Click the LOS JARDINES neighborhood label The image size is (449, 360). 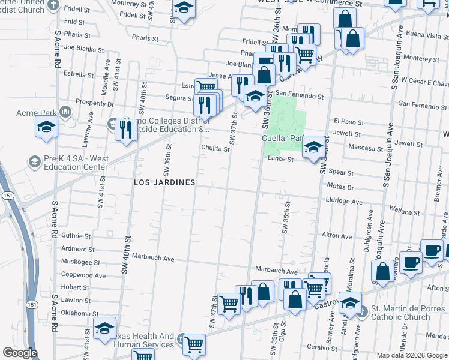pyautogui.click(x=164, y=182)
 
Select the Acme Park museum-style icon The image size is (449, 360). pyautogui.click(x=65, y=112)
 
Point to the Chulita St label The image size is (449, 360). pyautogui.click(x=215, y=150)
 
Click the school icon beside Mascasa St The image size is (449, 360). pyautogui.click(x=313, y=147)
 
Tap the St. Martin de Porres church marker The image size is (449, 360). pyautogui.click(x=361, y=311)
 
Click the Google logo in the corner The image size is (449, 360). pyautogui.click(x=19, y=353)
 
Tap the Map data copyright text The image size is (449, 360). pyautogui.click(x=412, y=355)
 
